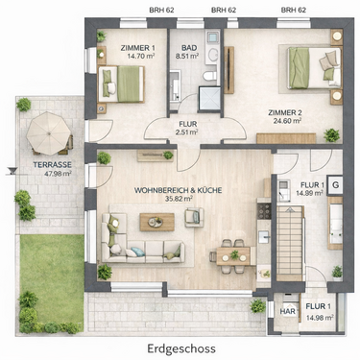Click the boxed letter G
[334, 181]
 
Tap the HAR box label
[286, 310]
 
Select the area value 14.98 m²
[321, 318]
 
